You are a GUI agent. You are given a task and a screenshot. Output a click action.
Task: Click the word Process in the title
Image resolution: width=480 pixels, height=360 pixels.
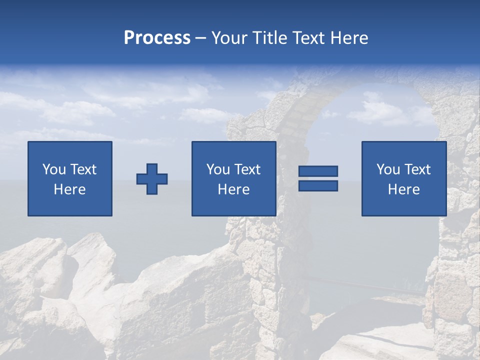click(x=157, y=38)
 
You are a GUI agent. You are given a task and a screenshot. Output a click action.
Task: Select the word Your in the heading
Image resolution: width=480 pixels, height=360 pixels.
click(x=229, y=38)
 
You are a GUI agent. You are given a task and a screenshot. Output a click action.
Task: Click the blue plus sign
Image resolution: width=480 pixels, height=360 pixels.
click(x=152, y=179)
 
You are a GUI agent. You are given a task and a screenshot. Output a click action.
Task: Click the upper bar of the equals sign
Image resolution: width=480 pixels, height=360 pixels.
click(x=318, y=171)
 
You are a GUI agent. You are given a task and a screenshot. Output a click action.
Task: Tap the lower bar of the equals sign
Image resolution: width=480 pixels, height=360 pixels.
click(x=318, y=186)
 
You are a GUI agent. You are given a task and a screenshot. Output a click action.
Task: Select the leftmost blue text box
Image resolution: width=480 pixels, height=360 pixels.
click(x=70, y=178)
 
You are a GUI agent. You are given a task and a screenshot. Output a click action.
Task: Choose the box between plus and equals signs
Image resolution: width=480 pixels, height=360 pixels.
click(x=234, y=178)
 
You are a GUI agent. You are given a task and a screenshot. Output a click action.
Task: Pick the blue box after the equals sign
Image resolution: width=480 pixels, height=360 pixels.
click(x=404, y=178)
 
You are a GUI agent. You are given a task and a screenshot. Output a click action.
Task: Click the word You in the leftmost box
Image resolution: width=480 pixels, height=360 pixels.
click(x=54, y=169)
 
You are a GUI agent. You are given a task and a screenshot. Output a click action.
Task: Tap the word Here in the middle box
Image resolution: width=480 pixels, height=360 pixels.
click(x=234, y=189)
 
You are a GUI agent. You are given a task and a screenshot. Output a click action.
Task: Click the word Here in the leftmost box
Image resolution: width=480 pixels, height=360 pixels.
click(x=70, y=189)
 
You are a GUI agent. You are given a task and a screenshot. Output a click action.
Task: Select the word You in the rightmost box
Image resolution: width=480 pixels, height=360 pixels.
click(x=388, y=169)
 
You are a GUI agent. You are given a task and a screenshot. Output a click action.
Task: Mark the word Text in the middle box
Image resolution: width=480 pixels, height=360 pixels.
click(x=248, y=169)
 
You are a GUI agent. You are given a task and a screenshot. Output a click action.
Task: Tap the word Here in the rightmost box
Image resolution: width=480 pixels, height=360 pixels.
click(x=404, y=189)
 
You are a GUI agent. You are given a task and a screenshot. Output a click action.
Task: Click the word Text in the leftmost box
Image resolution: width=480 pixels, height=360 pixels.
click(x=84, y=169)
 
